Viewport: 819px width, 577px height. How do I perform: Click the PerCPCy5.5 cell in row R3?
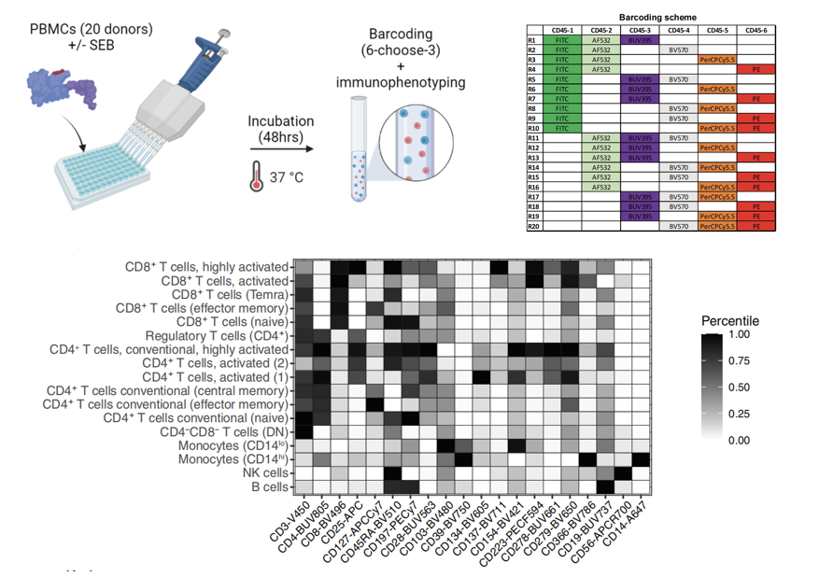[x=717, y=60]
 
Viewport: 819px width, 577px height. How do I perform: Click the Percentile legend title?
[x=730, y=321]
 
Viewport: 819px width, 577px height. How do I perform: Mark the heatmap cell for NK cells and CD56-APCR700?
[x=624, y=473]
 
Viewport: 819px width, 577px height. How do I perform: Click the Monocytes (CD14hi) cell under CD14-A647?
[x=642, y=459]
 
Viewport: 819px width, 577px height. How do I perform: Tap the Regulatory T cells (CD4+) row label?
[x=216, y=335]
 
